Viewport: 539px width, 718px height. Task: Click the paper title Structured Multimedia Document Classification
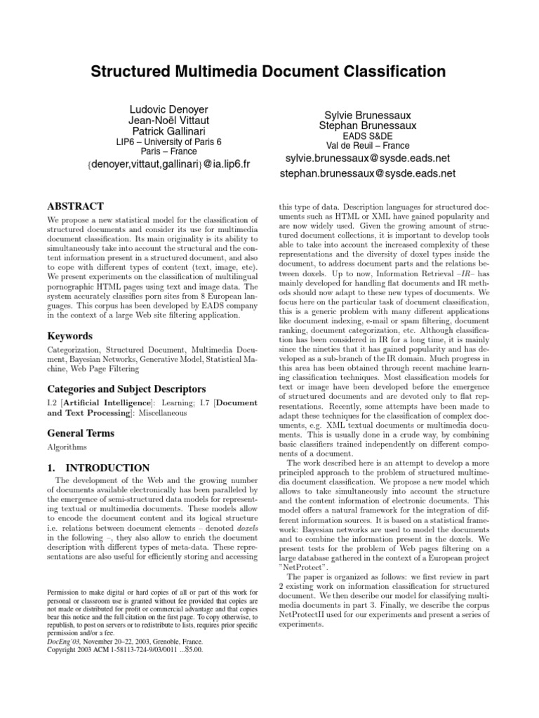pyautogui.click(x=269, y=72)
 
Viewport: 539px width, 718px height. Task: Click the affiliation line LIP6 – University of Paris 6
pyautogui.click(x=168, y=142)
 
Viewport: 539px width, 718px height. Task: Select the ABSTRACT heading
pyautogui.click(x=75, y=208)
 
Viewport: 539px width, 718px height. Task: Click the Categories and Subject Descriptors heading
pyautogui.click(x=126, y=388)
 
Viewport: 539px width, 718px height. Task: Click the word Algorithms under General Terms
pyautogui.click(x=67, y=446)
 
